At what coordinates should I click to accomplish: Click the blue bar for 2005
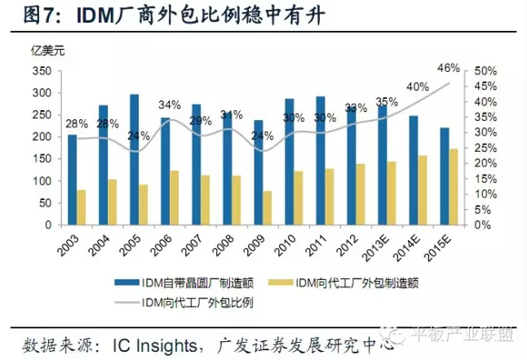coord(134,159)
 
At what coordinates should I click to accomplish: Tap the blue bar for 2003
coord(71,180)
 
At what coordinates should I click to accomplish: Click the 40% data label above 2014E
coord(418,87)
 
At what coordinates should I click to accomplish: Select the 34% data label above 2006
coord(170,104)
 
